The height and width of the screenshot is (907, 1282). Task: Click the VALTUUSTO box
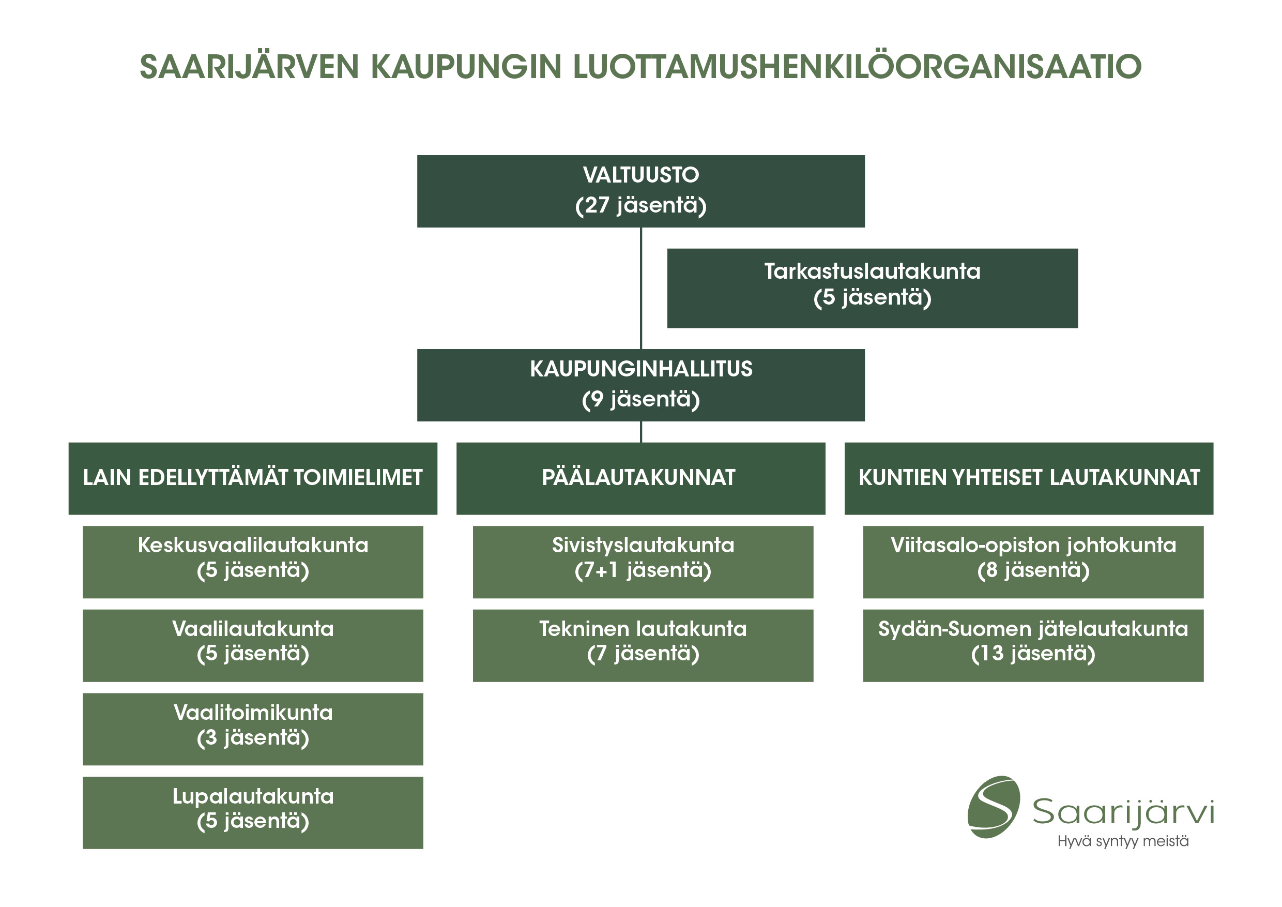tap(640, 191)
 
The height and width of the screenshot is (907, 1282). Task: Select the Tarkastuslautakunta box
tap(872, 288)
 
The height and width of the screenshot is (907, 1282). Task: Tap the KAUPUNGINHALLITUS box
tap(640, 385)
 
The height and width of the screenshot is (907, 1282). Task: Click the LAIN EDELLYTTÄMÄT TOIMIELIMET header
tap(253, 478)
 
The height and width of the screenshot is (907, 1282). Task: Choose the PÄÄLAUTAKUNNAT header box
tap(640, 478)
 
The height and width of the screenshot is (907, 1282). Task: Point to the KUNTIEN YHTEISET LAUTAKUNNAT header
tap(1029, 478)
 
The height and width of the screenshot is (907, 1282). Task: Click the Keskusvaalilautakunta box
tap(253, 562)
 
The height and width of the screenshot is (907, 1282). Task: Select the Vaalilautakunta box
tap(253, 646)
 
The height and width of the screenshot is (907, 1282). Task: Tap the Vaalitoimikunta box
tap(253, 729)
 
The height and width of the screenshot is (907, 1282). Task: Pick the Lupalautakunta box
tap(253, 812)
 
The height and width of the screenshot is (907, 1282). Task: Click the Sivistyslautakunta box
tap(643, 562)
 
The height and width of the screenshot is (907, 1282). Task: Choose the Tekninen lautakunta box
tap(643, 646)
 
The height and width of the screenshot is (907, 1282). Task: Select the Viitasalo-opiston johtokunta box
tap(1033, 562)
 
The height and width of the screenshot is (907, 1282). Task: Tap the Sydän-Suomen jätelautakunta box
tap(1033, 646)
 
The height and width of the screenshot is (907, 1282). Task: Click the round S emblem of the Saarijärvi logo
tap(994, 807)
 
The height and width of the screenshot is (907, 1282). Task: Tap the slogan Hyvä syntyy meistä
tap(1123, 841)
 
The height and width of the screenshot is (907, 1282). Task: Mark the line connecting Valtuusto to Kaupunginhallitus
tap(641, 288)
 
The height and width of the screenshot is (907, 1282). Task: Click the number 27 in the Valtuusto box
tap(597, 205)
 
